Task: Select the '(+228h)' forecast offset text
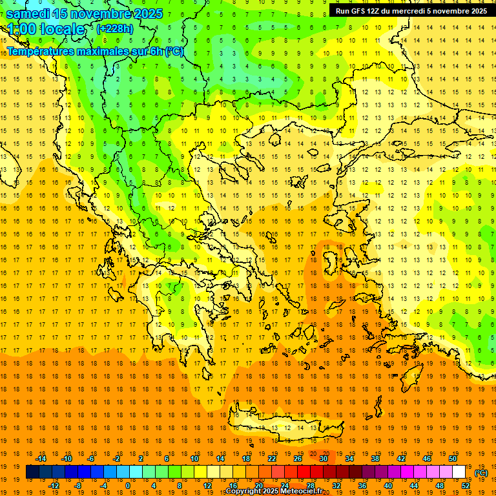(x=115, y=28)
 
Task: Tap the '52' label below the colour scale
(x=466, y=486)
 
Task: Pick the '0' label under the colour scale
(x=128, y=486)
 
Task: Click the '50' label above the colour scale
(x=453, y=459)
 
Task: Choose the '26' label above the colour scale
(x=298, y=459)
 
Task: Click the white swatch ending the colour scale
(x=459, y=472)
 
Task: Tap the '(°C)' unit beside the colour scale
(x=481, y=473)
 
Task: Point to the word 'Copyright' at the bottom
(x=243, y=491)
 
